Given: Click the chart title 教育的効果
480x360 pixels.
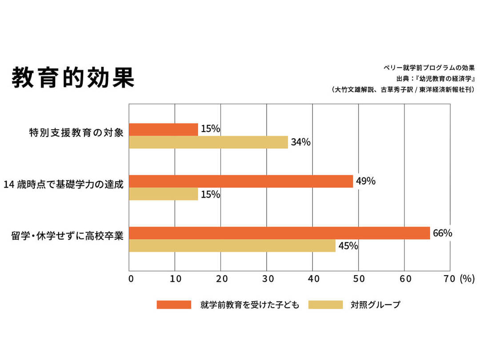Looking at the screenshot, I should pyautogui.click(x=73, y=78).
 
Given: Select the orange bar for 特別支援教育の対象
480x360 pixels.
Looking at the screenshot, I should pyautogui.click(x=163, y=129).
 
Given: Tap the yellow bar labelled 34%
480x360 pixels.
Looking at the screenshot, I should pyautogui.click(x=208, y=142).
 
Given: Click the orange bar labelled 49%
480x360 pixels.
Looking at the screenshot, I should pyautogui.click(x=241, y=181).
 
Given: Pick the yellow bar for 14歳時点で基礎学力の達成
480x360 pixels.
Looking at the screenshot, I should pyautogui.click(x=163, y=194).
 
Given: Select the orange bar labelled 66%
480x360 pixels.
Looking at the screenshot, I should pyautogui.click(x=279, y=233).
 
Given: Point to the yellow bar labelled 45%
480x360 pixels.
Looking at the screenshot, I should pyautogui.click(x=232, y=246).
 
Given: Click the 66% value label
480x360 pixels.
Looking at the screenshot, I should pyautogui.click(x=442, y=233).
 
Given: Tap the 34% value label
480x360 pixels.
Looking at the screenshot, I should pyautogui.click(x=300, y=142).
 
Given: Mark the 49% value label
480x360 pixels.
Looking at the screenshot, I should pyautogui.click(x=366, y=181).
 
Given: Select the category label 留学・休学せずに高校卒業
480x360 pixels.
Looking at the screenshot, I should pyautogui.click(x=67, y=236).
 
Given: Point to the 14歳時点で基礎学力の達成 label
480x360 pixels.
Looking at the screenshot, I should pyautogui.click(x=63, y=184).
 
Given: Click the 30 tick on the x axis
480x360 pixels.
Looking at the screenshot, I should pyautogui.click(x=267, y=279).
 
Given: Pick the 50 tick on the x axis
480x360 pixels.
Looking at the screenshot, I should pyautogui.click(x=358, y=279).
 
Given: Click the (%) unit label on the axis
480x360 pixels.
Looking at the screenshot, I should pyautogui.click(x=467, y=279).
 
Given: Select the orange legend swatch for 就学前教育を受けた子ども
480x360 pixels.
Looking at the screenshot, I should pyautogui.click(x=174, y=305).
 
